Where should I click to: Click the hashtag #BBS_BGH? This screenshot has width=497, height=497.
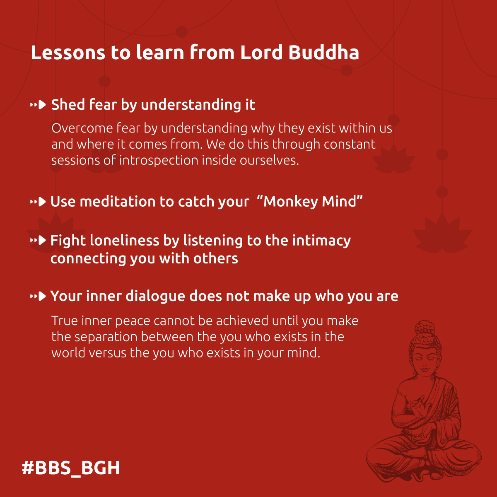tap(71, 468)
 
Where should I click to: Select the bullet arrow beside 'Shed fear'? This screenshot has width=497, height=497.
tap(38, 105)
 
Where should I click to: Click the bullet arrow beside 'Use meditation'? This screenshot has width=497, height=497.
tap(38, 202)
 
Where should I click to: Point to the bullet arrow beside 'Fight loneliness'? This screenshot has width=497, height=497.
tap(38, 240)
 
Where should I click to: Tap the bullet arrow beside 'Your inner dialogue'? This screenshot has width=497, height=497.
tap(38, 296)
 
